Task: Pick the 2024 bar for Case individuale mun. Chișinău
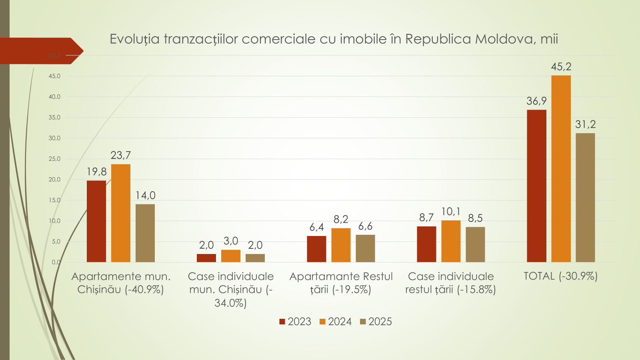pyautogui.click(x=231, y=256)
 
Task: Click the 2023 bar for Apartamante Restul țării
pyautogui.click(x=316, y=249)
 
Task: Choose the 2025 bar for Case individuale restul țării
pyautogui.click(x=475, y=244)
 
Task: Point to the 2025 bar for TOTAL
pyautogui.click(x=585, y=198)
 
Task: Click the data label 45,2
pyautogui.click(x=561, y=67)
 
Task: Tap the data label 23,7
pyautogui.click(x=121, y=155)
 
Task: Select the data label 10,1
pyautogui.click(x=451, y=212)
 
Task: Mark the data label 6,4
pyautogui.click(x=316, y=227)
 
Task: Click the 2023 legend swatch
pyautogui.click(x=282, y=322)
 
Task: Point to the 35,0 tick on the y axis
pyautogui.click(x=54, y=118)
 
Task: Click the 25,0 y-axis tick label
pyautogui.click(x=54, y=159)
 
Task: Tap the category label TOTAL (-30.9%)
pyautogui.click(x=560, y=276)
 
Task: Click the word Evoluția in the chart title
pyautogui.click(x=134, y=39)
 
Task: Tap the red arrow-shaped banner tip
pyautogui.click(x=78, y=51)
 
